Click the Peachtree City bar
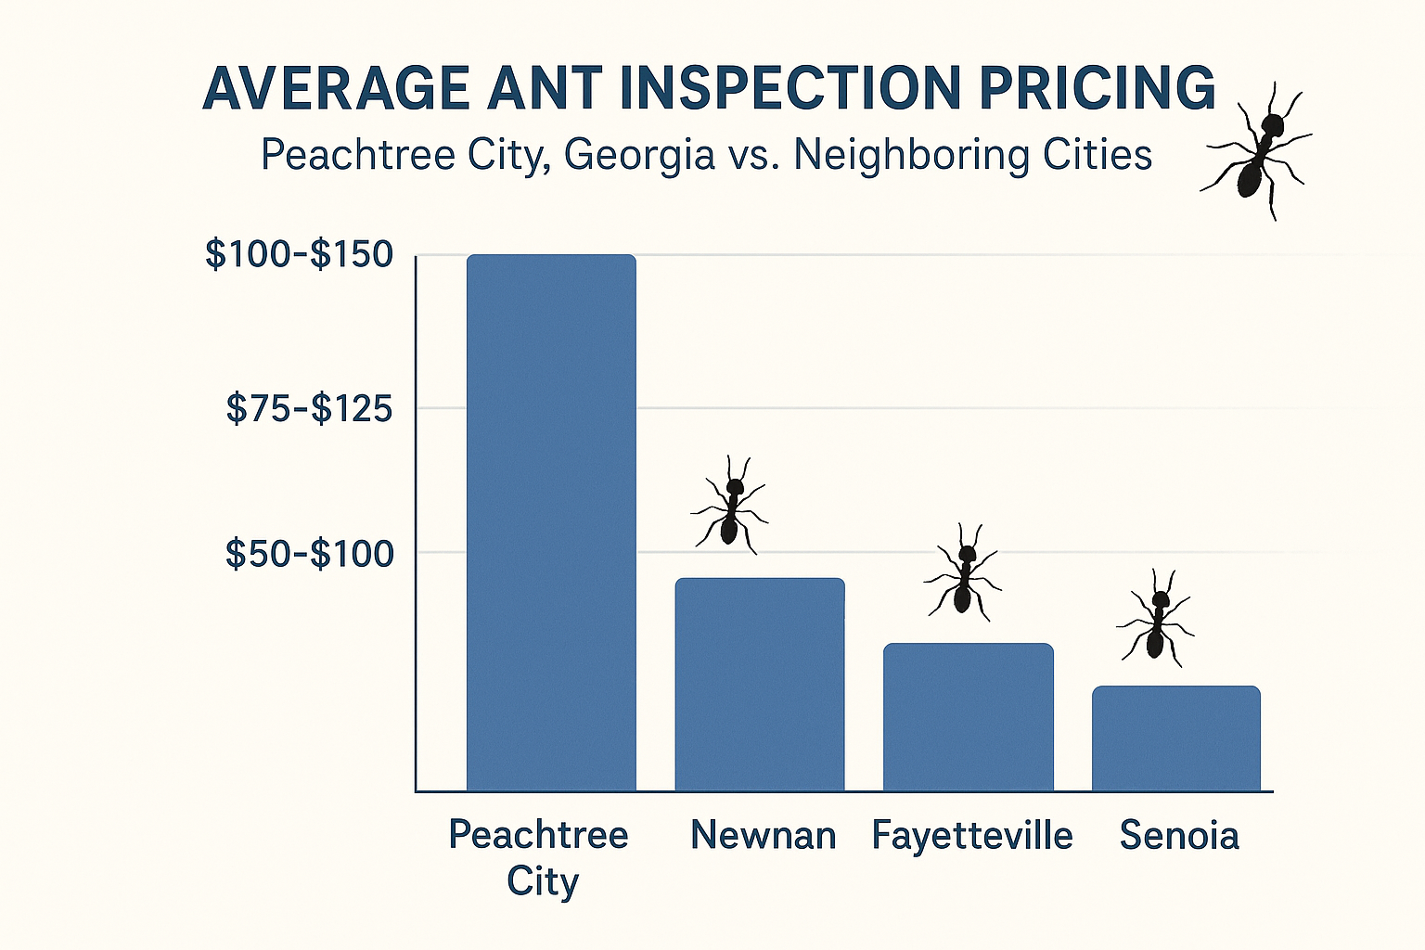(551, 522)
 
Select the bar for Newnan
(760, 685)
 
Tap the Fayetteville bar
(968, 717)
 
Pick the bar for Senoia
(1175, 738)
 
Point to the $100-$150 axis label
(299, 254)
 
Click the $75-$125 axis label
(309, 408)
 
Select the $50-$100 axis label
(309, 554)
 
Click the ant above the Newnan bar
(731, 507)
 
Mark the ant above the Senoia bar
(1156, 618)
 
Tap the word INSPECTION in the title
(794, 89)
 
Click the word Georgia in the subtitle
(639, 155)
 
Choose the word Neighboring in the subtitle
(911, 155)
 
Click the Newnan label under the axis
(764, 836)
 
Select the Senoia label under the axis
(1178, 836)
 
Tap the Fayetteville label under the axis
(971, 836)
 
